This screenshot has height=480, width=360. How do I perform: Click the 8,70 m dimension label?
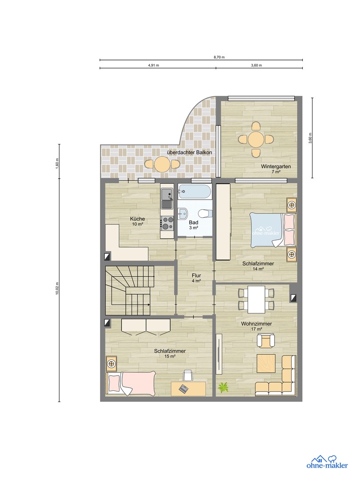(x=219, y=57)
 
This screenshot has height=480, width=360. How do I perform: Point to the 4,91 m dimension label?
(x=154, y=65)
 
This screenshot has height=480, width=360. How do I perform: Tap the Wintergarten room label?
(x=276, y=166)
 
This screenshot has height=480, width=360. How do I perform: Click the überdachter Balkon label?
(x=189, y=152)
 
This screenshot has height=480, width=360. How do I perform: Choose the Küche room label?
(x=137, y=219)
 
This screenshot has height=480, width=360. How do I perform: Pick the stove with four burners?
(x=168, y=223)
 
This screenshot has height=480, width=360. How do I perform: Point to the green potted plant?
(x=223, y=387)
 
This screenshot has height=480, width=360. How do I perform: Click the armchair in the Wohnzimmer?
(x=265, y=341)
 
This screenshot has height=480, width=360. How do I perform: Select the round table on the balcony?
(x=162, y=164)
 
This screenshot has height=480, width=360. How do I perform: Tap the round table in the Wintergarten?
(x=256, y=139)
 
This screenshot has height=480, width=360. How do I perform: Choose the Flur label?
(x=196, y=275)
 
